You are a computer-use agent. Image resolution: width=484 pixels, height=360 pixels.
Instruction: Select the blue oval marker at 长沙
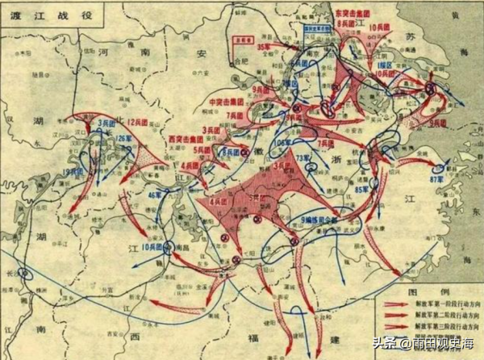pos(28,274)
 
